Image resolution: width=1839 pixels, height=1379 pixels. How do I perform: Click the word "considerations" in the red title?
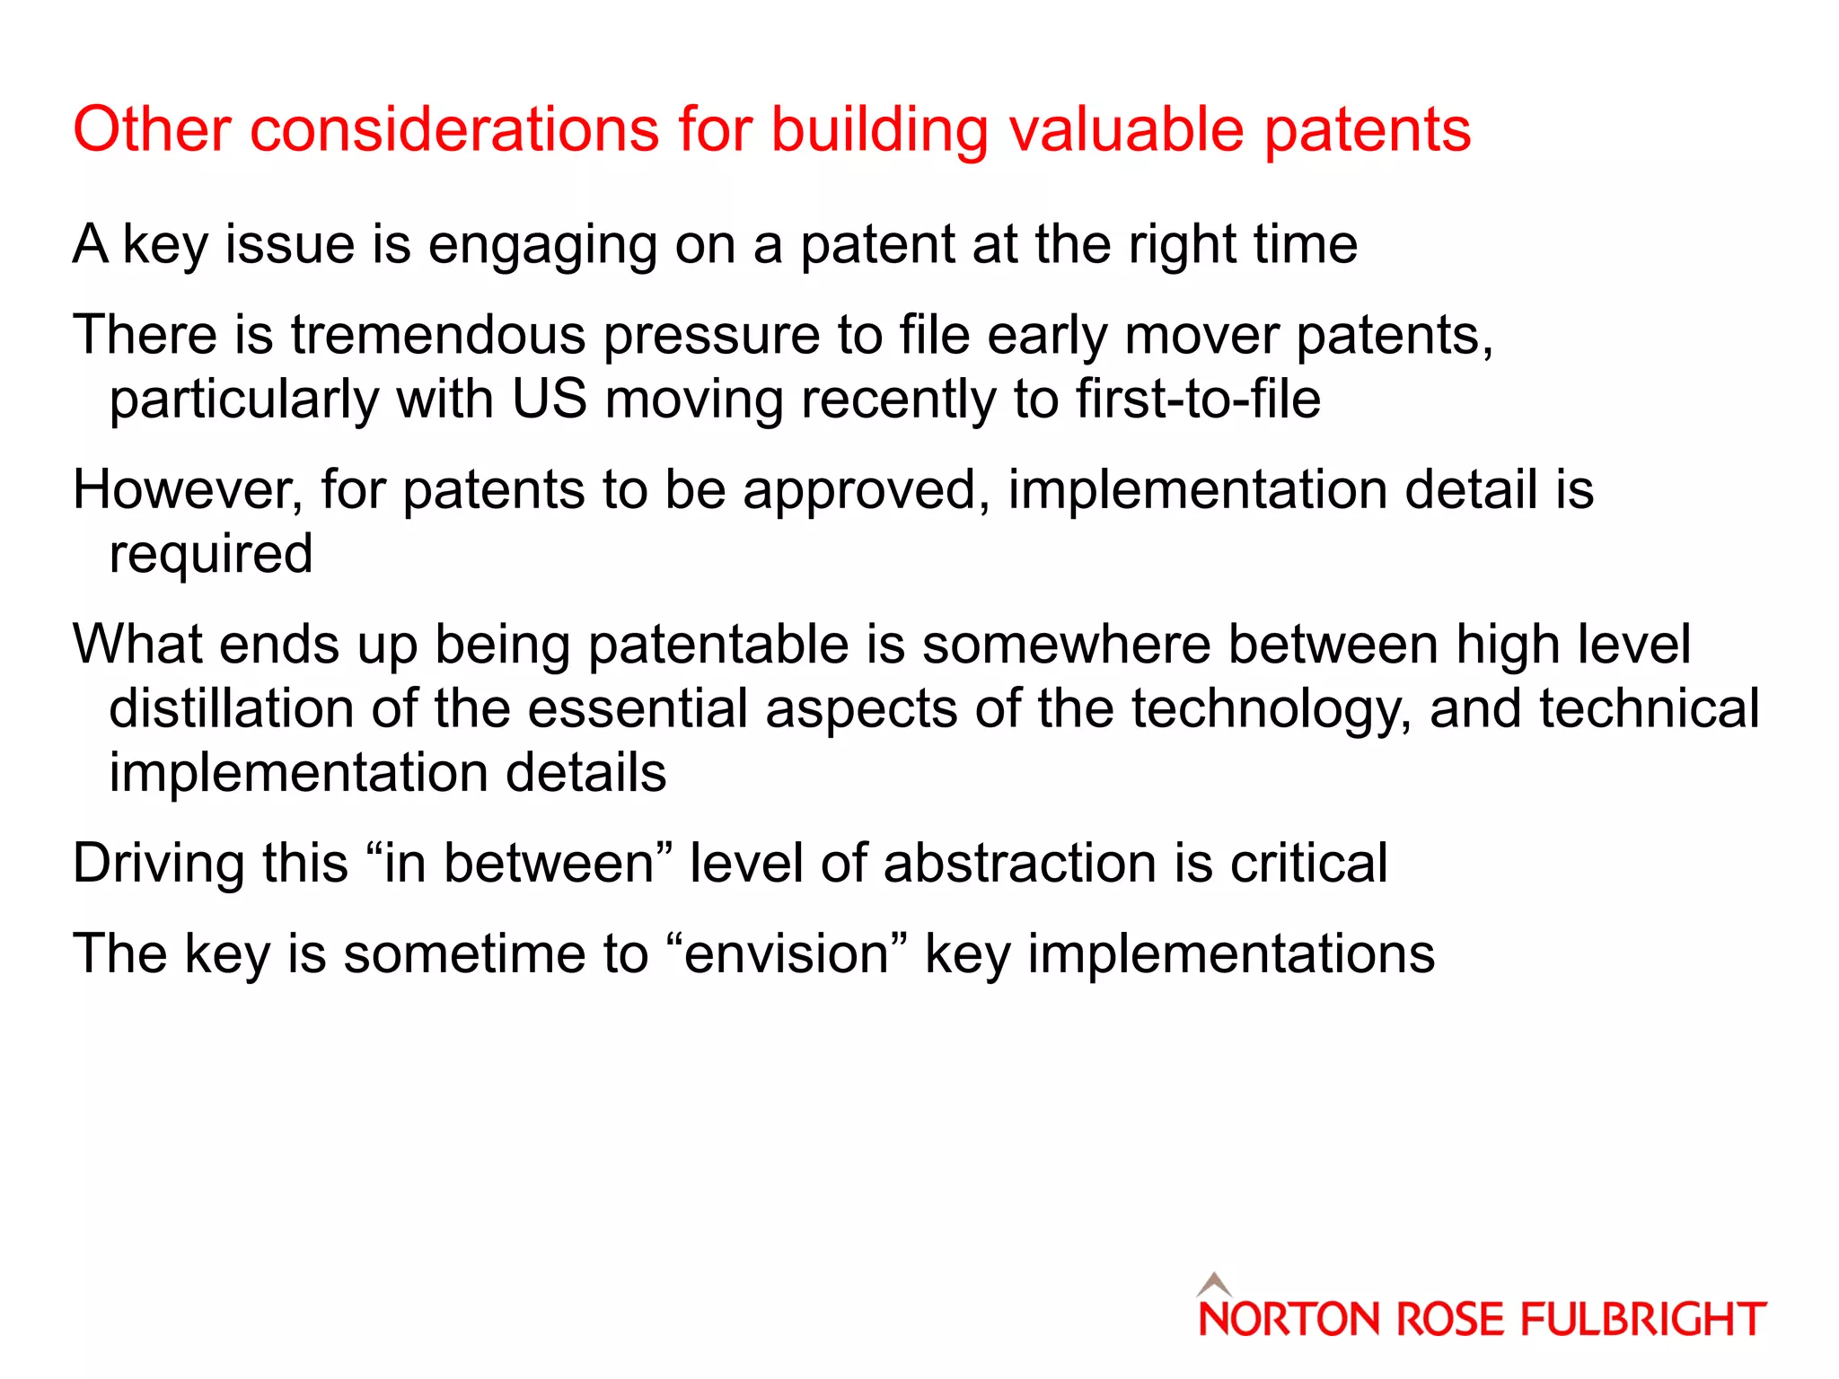[x=454, y=129]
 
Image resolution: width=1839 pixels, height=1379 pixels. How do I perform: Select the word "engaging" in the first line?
[x=542, y=245]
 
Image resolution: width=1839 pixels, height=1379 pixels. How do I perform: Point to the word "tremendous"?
[x=437, y=335]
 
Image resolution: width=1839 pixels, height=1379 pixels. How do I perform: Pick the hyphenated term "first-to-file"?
[x=1198, y=399]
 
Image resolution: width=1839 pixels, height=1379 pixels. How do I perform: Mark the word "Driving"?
[x=158, y=864]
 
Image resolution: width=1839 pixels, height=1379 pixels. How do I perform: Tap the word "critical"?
[x=1308, y=864]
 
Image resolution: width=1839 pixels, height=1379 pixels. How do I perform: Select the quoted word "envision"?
[x=787, y=953]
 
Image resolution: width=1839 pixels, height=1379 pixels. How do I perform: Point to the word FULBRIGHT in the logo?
[x=1642, y=1320]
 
